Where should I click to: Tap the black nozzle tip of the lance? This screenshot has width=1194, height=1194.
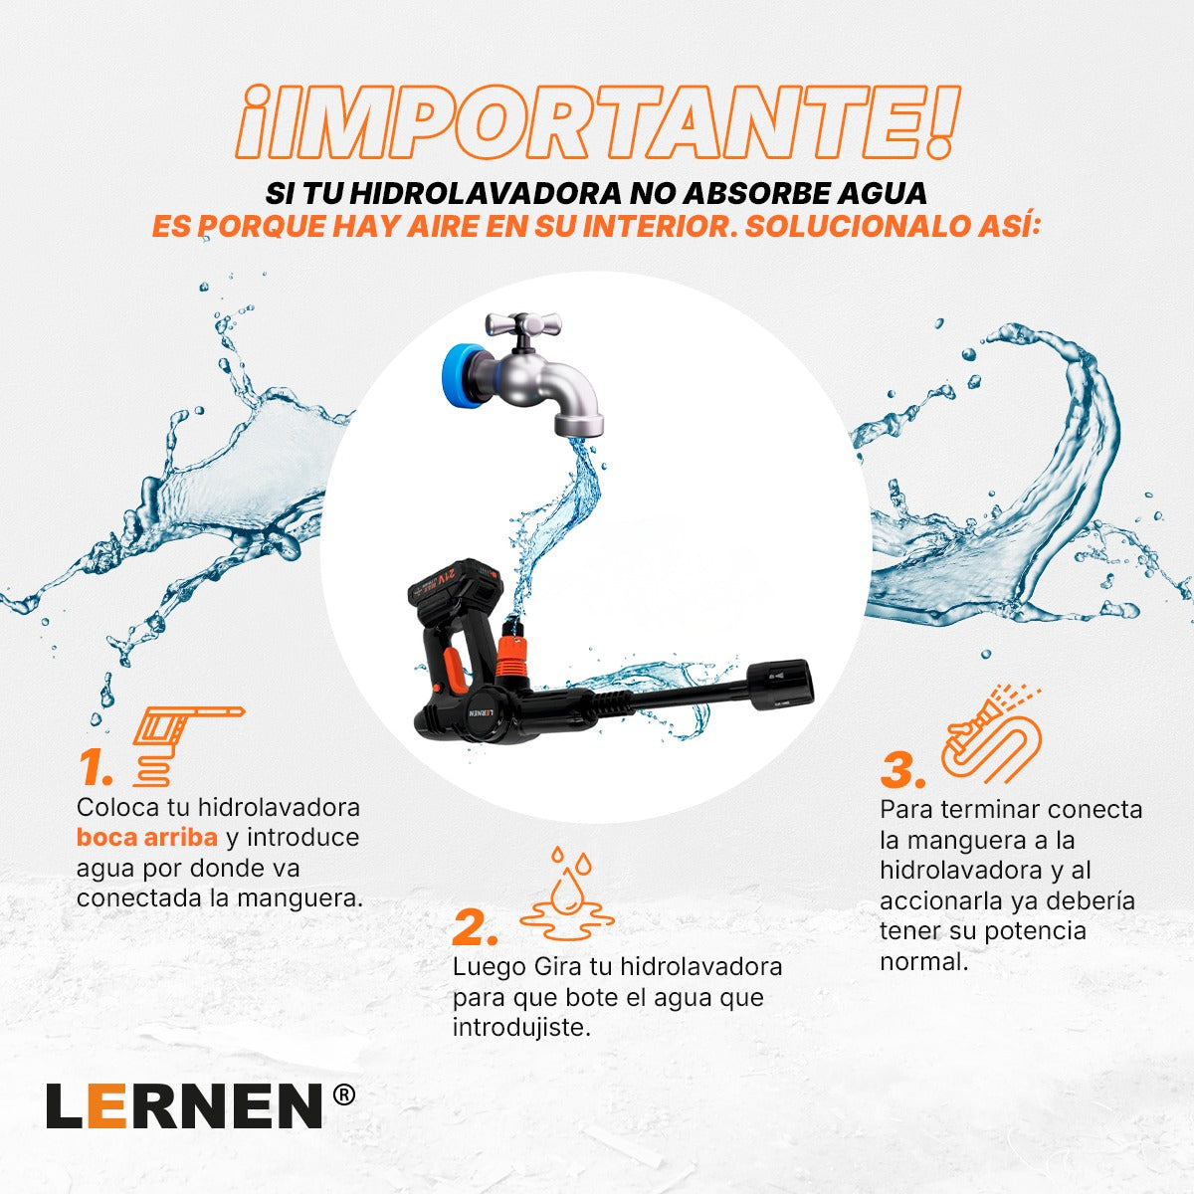[785, 684]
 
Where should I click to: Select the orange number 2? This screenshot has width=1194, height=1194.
[475, 927]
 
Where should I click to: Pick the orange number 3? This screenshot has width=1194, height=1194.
[903, 770]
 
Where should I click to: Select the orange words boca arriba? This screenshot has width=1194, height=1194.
[146, 837]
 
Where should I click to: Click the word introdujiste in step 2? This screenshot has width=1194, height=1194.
[521, 1027]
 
